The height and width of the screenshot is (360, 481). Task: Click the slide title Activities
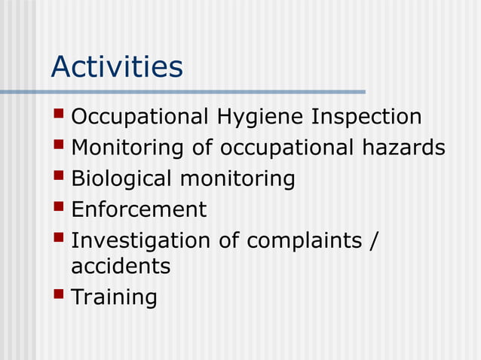point(117,67)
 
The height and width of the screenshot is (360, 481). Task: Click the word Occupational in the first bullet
point(139,118)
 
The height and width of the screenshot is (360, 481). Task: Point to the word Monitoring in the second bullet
point(127,148)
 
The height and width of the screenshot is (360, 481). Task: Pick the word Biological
point(121,178)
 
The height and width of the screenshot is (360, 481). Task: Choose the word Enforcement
point(139,209)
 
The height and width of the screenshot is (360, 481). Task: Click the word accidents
point(121,266)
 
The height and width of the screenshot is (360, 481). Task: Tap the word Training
point(114,297)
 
